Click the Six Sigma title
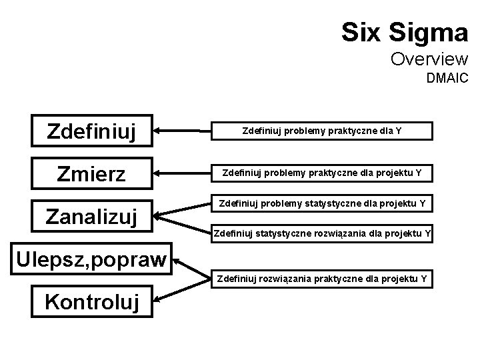(405, 31)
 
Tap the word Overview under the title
(429, 59)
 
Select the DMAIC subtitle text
(447, 79)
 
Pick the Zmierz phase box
(91, 175)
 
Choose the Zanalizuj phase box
(91, 217)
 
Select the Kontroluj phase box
(91, 302)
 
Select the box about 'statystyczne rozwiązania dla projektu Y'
(322, 234)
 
